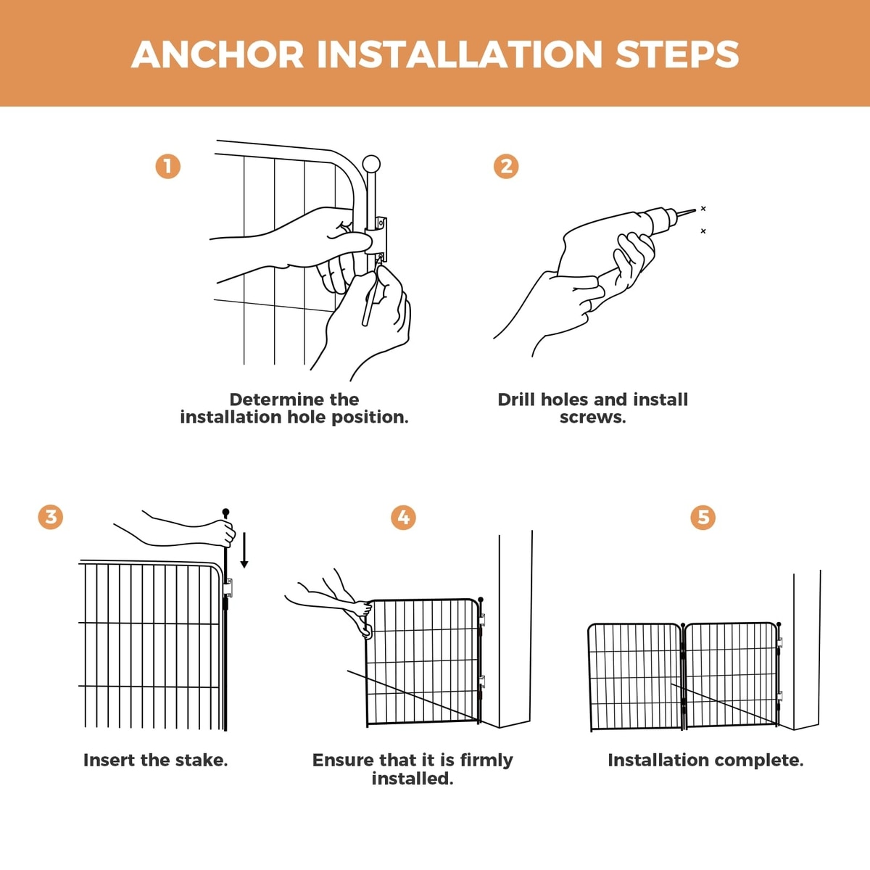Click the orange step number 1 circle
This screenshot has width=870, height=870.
(x=168, y=167)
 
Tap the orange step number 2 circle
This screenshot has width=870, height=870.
(x=505, y=167)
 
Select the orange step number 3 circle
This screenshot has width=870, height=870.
(x=51, y=517)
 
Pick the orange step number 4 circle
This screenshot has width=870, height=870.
(x=403, y=518)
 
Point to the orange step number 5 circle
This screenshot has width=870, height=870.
(x=703, y=518)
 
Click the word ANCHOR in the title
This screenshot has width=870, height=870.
(x=217, y=54)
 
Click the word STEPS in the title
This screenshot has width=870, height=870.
(x=677, y=54)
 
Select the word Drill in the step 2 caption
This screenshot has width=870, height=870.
(x=516, y=399)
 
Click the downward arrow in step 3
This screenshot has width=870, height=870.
(x=244, y=550)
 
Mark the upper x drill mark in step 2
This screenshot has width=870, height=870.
(x=703, y=209)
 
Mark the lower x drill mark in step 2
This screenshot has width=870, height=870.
(x=703, y=231)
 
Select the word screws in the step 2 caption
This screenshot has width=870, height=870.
(x=593, y=417)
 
